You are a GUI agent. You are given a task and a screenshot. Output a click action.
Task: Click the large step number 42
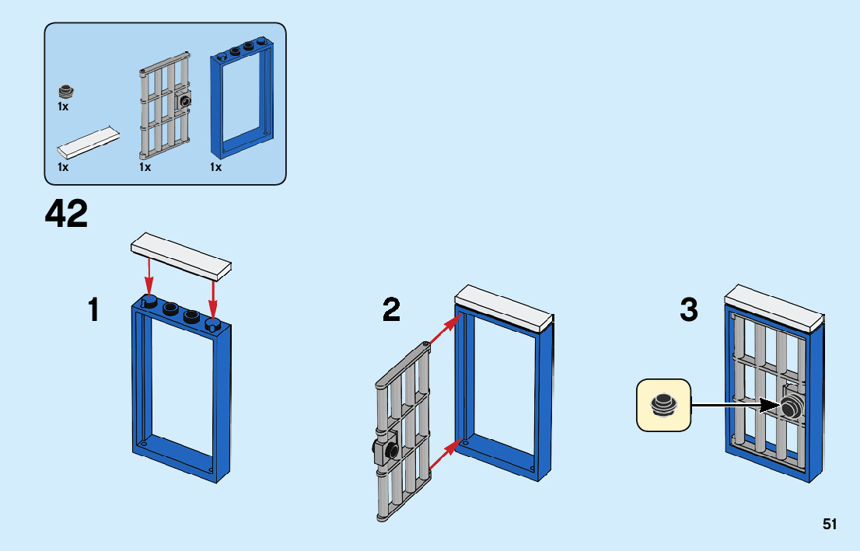click(x=67, y=214)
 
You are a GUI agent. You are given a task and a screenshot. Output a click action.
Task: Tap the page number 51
click(x=830, y=525)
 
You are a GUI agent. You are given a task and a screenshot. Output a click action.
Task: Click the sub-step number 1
click(x=94, y=311)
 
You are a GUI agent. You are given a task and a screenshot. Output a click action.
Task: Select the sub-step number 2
click(x=392, y=311)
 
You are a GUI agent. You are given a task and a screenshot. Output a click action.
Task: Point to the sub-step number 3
click(x=689, y=311)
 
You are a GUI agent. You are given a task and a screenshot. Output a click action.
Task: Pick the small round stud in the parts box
click(x=67, y=92)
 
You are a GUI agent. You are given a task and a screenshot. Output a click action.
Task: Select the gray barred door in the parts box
click(x=166, y=106)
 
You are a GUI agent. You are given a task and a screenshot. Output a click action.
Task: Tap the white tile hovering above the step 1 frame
click(x=182, y=255)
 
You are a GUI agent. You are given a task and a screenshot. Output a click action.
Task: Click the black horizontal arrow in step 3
click(x=735, y=405)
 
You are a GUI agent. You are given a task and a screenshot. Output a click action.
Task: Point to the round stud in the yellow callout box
click(x=663, y=404)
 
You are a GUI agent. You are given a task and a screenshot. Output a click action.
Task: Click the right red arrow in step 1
click(x=213, y=299)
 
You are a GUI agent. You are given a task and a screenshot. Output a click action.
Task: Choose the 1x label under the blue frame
click(x=215, y=167)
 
